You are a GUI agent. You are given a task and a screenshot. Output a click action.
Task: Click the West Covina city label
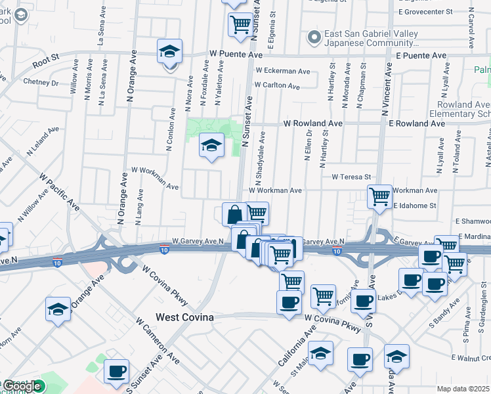point(184,317)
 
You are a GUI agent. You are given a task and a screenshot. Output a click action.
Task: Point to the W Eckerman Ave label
point(283,71)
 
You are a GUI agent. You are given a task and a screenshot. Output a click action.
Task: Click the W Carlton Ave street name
point(277,85)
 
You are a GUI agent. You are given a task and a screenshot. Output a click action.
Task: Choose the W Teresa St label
point(351,177)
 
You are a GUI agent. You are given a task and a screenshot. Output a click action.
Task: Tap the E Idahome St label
point(415,206)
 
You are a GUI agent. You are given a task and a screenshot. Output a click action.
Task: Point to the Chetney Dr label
point(41,83)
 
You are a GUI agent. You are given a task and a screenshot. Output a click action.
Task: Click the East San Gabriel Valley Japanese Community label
point(371,39)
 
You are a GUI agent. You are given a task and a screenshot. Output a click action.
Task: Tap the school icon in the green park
point(211,146)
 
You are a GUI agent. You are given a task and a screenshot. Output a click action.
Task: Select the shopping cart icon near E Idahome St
point(379,196)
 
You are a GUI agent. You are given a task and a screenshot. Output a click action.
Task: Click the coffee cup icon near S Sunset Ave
point(116,372)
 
